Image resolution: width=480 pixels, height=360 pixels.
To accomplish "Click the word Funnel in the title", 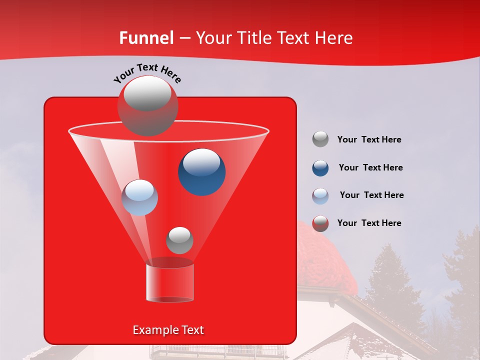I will coord(146,38).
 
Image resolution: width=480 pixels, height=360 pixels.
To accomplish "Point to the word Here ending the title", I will coord(334,38).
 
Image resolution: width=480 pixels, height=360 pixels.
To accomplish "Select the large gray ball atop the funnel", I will coord(147,105).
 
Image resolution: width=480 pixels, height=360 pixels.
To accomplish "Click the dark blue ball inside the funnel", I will coord(201,171).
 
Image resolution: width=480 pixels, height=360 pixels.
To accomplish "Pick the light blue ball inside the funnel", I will coord(139,197).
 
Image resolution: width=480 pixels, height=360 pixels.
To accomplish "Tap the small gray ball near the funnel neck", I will coord(179,240).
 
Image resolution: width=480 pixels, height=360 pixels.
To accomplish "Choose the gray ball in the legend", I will coord(320,139).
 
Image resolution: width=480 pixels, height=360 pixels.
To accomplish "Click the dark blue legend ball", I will coord(320,167).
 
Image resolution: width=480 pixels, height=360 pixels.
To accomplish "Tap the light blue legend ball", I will coord(320,195).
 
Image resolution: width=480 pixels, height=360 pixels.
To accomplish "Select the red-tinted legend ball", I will coord(320,223).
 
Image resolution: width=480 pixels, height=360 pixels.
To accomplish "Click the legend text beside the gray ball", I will coord(369,139).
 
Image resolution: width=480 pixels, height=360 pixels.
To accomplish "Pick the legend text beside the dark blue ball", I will coord(370,167).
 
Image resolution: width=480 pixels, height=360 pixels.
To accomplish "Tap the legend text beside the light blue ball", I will coord(371,195).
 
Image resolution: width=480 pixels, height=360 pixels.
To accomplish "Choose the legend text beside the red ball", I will coord(369,223).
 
